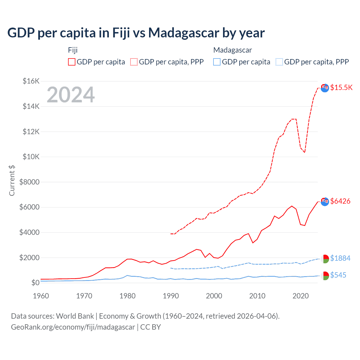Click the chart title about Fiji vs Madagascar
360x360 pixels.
[136, 33]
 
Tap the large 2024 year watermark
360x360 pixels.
[71, 95]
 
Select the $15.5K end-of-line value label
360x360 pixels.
[341, 87]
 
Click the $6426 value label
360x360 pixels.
[340, 201]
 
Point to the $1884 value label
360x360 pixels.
[340, 258]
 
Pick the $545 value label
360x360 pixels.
[338, 275]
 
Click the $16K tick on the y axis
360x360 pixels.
[31, 81]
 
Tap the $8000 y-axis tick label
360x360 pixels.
[29, 182]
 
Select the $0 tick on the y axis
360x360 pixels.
[35, 283]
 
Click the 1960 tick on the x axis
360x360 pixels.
[41, 296]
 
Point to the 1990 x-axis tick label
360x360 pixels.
[171, 296]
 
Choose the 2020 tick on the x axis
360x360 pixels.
[301, 296]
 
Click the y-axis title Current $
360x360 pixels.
[12, 180]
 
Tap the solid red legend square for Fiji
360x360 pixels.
[72, 62]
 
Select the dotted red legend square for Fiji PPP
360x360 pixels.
[134, 62]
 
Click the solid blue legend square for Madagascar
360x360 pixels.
[217, 62]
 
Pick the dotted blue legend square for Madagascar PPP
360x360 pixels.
[279, 62]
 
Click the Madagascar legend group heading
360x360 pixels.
[232, 50]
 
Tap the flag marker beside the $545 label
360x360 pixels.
[325, 276]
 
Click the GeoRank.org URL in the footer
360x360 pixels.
[73, 327]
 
